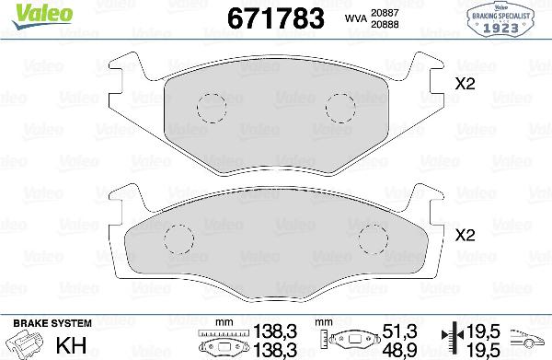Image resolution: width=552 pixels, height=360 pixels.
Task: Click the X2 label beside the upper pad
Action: point(466,85)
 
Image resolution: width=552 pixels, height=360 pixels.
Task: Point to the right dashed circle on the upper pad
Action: point(340,108)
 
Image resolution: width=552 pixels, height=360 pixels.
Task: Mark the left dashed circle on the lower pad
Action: point(178,240)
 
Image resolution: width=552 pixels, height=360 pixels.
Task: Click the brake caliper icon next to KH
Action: point(22,342)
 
